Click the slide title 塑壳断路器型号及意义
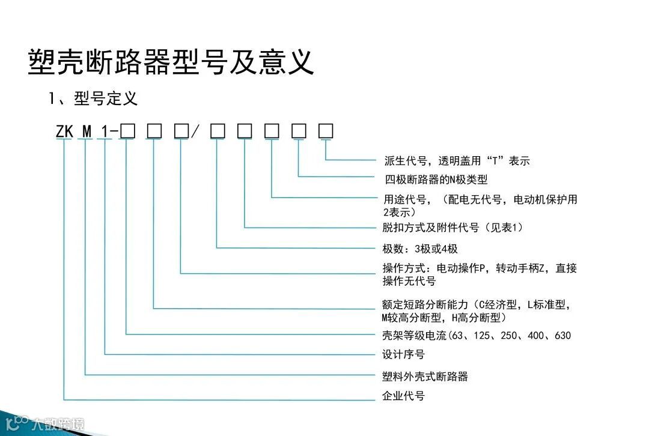(x=171, y=62)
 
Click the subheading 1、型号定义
(x=93, y=98)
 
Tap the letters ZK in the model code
(x=64, y=131)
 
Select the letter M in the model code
(x=87, y=131)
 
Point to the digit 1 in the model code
(x=105, y=131)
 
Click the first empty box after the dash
(x=126, y=130)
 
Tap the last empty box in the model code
(x=326, y=130)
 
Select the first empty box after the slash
(x=217, y=130)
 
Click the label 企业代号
(x=403, y=397)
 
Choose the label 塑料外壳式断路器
(x=425, y=377)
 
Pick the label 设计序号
(x=403, y=354)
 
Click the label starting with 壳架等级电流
(x=477, y=335)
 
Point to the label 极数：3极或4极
(x=420, y=249)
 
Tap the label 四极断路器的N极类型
(x=436, y=180)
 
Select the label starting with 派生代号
(x=457, y=161)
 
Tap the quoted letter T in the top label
(x=495, y=161)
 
